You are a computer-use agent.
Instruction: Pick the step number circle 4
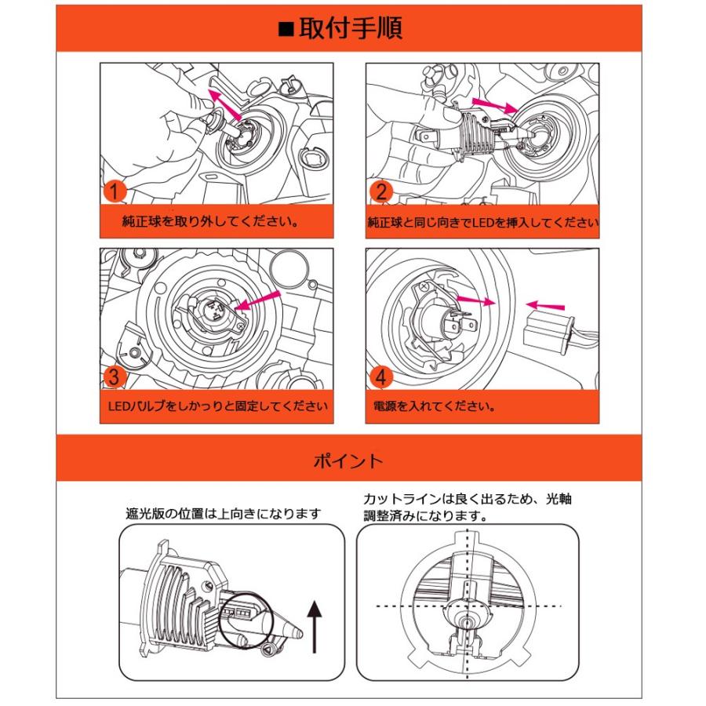(x=380, y=378)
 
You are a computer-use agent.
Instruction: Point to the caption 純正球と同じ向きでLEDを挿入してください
(x=482, y=222)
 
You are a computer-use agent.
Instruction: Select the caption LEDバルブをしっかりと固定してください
(x=217, y=407)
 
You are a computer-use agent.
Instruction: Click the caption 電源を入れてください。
(x=435, y=407)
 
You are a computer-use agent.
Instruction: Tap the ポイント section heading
(x=348, y=460)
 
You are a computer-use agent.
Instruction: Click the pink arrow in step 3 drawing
(x=258, y=303)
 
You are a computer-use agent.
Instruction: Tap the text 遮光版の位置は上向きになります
(x=224, y=514)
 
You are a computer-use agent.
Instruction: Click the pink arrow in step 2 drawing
(x=493, y=106)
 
